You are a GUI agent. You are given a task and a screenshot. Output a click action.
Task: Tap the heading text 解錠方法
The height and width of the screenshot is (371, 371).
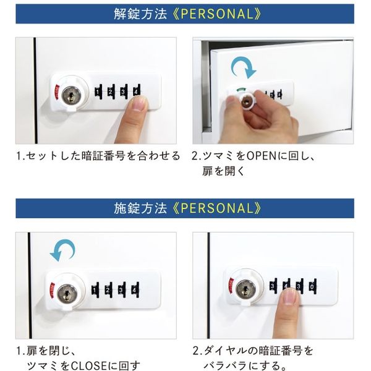[x=142, y=13]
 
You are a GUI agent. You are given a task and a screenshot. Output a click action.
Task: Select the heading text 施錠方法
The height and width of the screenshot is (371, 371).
[x=142, y=207]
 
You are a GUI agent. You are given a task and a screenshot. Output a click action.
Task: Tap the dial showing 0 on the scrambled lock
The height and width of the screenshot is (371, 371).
[x=312, y=287]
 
